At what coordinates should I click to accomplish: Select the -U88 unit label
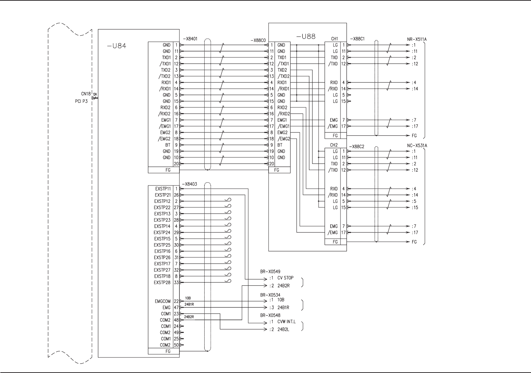click(306, 37)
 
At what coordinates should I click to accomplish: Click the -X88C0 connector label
click(258, 40)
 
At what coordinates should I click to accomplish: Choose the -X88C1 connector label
click(357, 39)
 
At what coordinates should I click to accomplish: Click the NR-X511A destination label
click(417, 39)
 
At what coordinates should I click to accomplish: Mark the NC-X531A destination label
click(417, 146)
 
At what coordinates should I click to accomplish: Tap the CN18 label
click(86, 94)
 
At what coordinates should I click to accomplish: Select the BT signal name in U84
click(168, 145)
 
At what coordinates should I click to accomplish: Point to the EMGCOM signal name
click(162, 301)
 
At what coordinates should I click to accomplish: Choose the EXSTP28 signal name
click(162, 283)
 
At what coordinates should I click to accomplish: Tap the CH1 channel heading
click(334, 39)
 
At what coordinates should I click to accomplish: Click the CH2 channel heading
click(334, 145)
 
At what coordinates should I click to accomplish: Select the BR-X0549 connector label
click(270, 272)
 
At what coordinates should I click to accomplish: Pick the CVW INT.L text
click(286, 322)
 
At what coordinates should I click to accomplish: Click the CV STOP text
click(285, 278)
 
